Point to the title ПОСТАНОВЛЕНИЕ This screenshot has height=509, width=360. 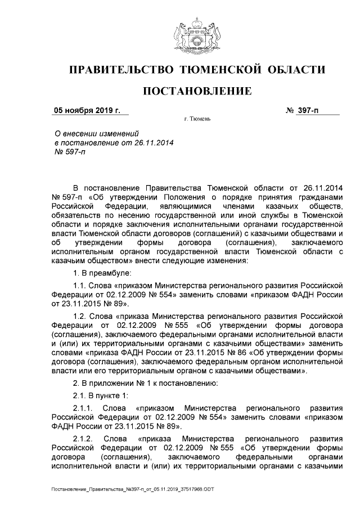(196, 91)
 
